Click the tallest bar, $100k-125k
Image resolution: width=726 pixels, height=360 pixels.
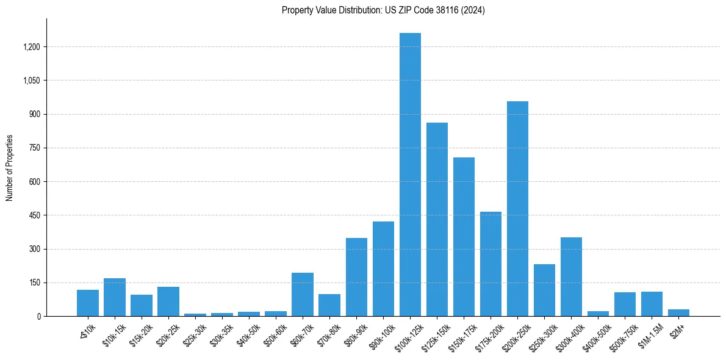[410, 175]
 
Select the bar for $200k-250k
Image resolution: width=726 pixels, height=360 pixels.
[517, 209]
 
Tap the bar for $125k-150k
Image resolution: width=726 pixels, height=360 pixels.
[437, 220]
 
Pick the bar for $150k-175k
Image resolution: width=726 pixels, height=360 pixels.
[464, 237]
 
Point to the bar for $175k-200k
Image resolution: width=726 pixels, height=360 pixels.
[491, 264]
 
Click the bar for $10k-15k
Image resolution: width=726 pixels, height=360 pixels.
[115, 297]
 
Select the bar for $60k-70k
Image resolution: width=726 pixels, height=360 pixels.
[303, 294]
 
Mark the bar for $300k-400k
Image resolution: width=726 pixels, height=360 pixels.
[571, 276]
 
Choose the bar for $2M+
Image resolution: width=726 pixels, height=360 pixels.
[678, 312]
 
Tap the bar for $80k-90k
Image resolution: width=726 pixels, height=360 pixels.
[356, 277]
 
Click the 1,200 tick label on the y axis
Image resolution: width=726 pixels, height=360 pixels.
[32, 47]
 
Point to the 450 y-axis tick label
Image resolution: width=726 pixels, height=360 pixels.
[35, 215]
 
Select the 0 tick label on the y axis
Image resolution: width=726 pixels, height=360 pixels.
[38, 316]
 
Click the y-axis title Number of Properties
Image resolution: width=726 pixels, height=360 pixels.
[9, 168]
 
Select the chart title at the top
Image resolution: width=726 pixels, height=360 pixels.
[383, 10]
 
